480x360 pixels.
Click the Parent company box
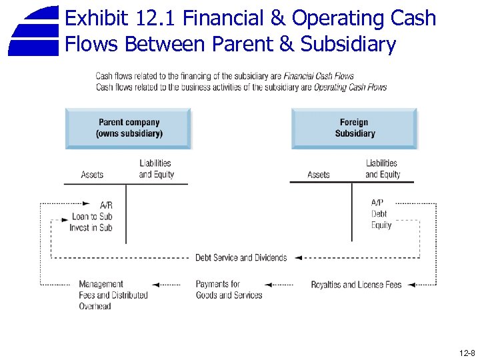(129, 128)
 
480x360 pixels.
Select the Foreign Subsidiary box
(355, 128)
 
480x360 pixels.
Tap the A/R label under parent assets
(106, 205)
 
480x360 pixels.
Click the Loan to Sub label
(92, 217)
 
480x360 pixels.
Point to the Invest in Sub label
(91, 228)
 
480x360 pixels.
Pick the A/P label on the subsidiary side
(377, 203)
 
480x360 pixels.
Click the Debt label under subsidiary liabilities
(379, 214)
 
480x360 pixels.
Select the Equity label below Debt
(381, 225)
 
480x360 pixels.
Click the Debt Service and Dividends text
(241, 258)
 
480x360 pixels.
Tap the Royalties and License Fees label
(356, 285)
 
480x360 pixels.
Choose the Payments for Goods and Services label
(229, 290)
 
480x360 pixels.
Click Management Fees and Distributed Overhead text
(113, 295)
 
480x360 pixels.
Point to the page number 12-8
(467, 353)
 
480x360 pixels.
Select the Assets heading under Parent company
(92, 175)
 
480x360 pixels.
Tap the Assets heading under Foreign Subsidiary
(319, 175)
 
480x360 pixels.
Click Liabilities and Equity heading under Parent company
(156, 169)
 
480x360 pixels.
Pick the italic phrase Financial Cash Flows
(319, 76)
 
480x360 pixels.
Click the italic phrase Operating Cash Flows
(350, 87)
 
